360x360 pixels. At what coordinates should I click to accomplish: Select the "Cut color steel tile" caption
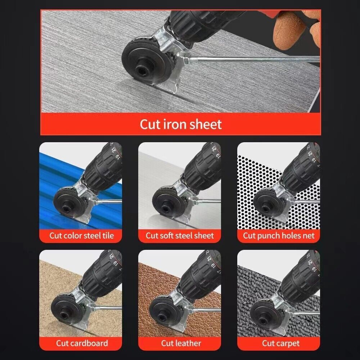81,236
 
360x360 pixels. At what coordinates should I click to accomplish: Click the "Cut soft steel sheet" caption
180,236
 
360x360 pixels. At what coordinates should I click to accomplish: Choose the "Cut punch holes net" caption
279,236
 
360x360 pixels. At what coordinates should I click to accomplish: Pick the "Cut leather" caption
181,343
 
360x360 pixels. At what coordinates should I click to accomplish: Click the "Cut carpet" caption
280,343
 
